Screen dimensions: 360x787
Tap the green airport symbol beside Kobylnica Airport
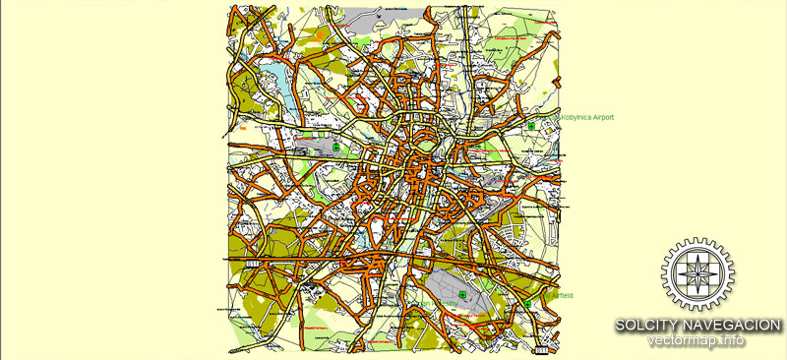pyautogui.click(x=531, y=127)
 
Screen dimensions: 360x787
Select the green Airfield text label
pyautogui.click(x=559, y=295)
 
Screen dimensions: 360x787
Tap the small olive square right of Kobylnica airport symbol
pyautogui.click(x=547, y=126)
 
